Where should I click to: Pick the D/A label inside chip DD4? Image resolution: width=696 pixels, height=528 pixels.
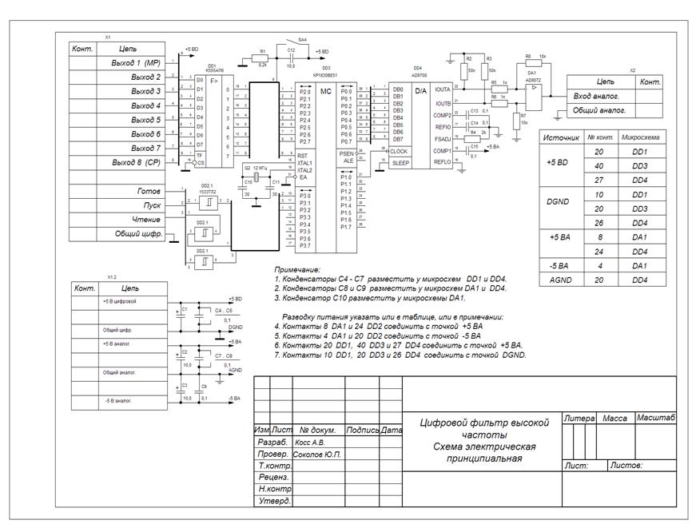[x=421, y=91]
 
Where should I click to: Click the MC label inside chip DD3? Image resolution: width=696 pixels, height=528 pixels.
[x=325, y=92]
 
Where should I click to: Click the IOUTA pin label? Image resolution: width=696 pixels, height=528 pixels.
[x=444, y=89]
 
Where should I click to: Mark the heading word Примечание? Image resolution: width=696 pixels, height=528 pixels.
[x=296, y=271]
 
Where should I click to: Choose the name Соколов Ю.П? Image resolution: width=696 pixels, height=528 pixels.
[x=318, y=454]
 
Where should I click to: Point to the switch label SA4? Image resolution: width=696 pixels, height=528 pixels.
[x=302, y=38]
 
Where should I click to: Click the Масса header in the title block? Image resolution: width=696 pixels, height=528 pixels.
[x=614, y=419]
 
